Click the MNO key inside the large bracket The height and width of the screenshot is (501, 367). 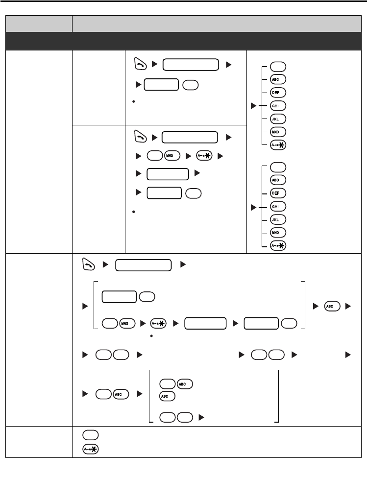pyautogui.click(x=127, y=323)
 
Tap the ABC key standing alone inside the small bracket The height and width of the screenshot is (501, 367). pyautogui.click(x=166, y=397)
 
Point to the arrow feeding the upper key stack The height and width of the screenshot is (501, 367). pyautogui.click(x=253, y=105)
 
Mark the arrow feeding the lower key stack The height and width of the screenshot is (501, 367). pyautogui.click(x=253, y=206)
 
